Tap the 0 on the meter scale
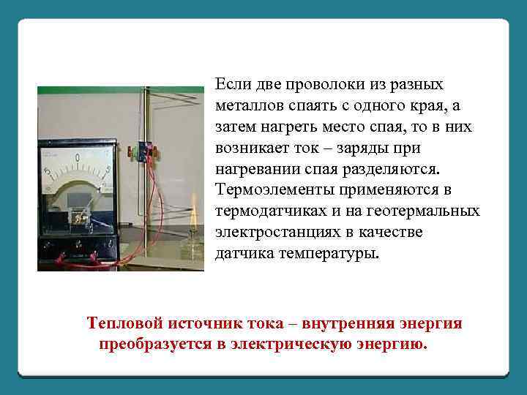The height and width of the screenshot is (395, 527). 78,157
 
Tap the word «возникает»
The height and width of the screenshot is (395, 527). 255,148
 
